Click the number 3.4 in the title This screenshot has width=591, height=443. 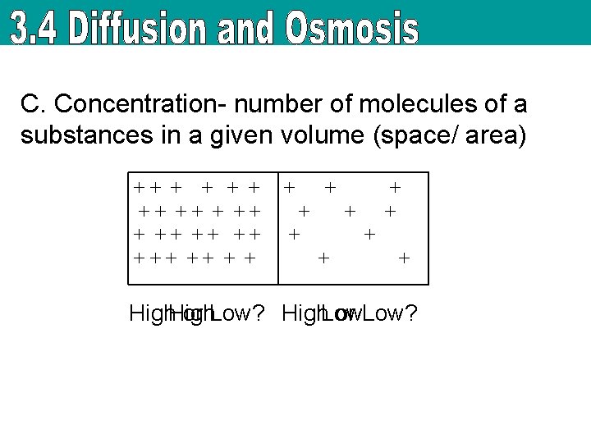pyautogui.click(x=37, y=30)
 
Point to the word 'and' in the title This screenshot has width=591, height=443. pyautogui.click(x=250, y=30)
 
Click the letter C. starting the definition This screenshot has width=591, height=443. pyautogui.click(x=33, y=105)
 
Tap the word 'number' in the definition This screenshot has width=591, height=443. pyautogui.click(x=273, y=105)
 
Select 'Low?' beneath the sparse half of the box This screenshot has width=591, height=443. pyautogui.click(x=389, y=313)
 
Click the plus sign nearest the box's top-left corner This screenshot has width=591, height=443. pyautogui.click(x=140, y=188)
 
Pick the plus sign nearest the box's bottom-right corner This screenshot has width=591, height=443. pyautogui.click(x=403, y=258)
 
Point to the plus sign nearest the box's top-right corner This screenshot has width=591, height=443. pyautogui.click(x=395, y=188)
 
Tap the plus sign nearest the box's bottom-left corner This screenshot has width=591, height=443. pyautogui.click(x=140, y=258)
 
